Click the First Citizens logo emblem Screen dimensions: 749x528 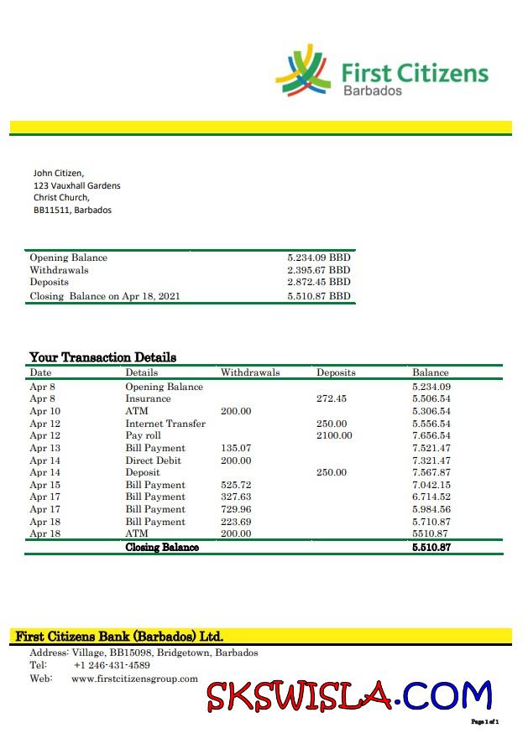(x=304, y=71)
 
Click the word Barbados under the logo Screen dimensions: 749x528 (x=373, y=91)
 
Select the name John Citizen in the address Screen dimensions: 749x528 (x=58, y=173)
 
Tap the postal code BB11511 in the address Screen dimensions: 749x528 (x=50, y=210)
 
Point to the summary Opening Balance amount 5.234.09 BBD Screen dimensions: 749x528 (x=318, y=258)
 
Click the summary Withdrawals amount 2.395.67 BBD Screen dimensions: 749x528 (x=318, y=270)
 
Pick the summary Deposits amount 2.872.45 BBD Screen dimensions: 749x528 (x=318, y=283)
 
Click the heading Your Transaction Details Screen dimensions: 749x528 (x=102, y=357)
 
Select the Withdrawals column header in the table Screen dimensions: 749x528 (x=250, y=372)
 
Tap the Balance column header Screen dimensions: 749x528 (x=430, y=372)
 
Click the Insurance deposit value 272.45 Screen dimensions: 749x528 (x=332, y=399)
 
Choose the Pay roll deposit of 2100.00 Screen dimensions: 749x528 (x=334, y=436)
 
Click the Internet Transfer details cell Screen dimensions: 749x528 (x=165, y=424)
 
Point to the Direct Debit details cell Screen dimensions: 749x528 (x=152, y=460)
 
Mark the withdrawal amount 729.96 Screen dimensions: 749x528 (x=236, y=509)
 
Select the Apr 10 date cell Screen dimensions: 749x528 (x=45, y=412)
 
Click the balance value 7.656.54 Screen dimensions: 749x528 (x=431, y=436)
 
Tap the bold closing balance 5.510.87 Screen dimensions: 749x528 (x=431, y=547)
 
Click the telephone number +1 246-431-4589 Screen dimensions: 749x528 (x=112, y=665)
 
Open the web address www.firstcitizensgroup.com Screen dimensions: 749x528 (x=134, y=679)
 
